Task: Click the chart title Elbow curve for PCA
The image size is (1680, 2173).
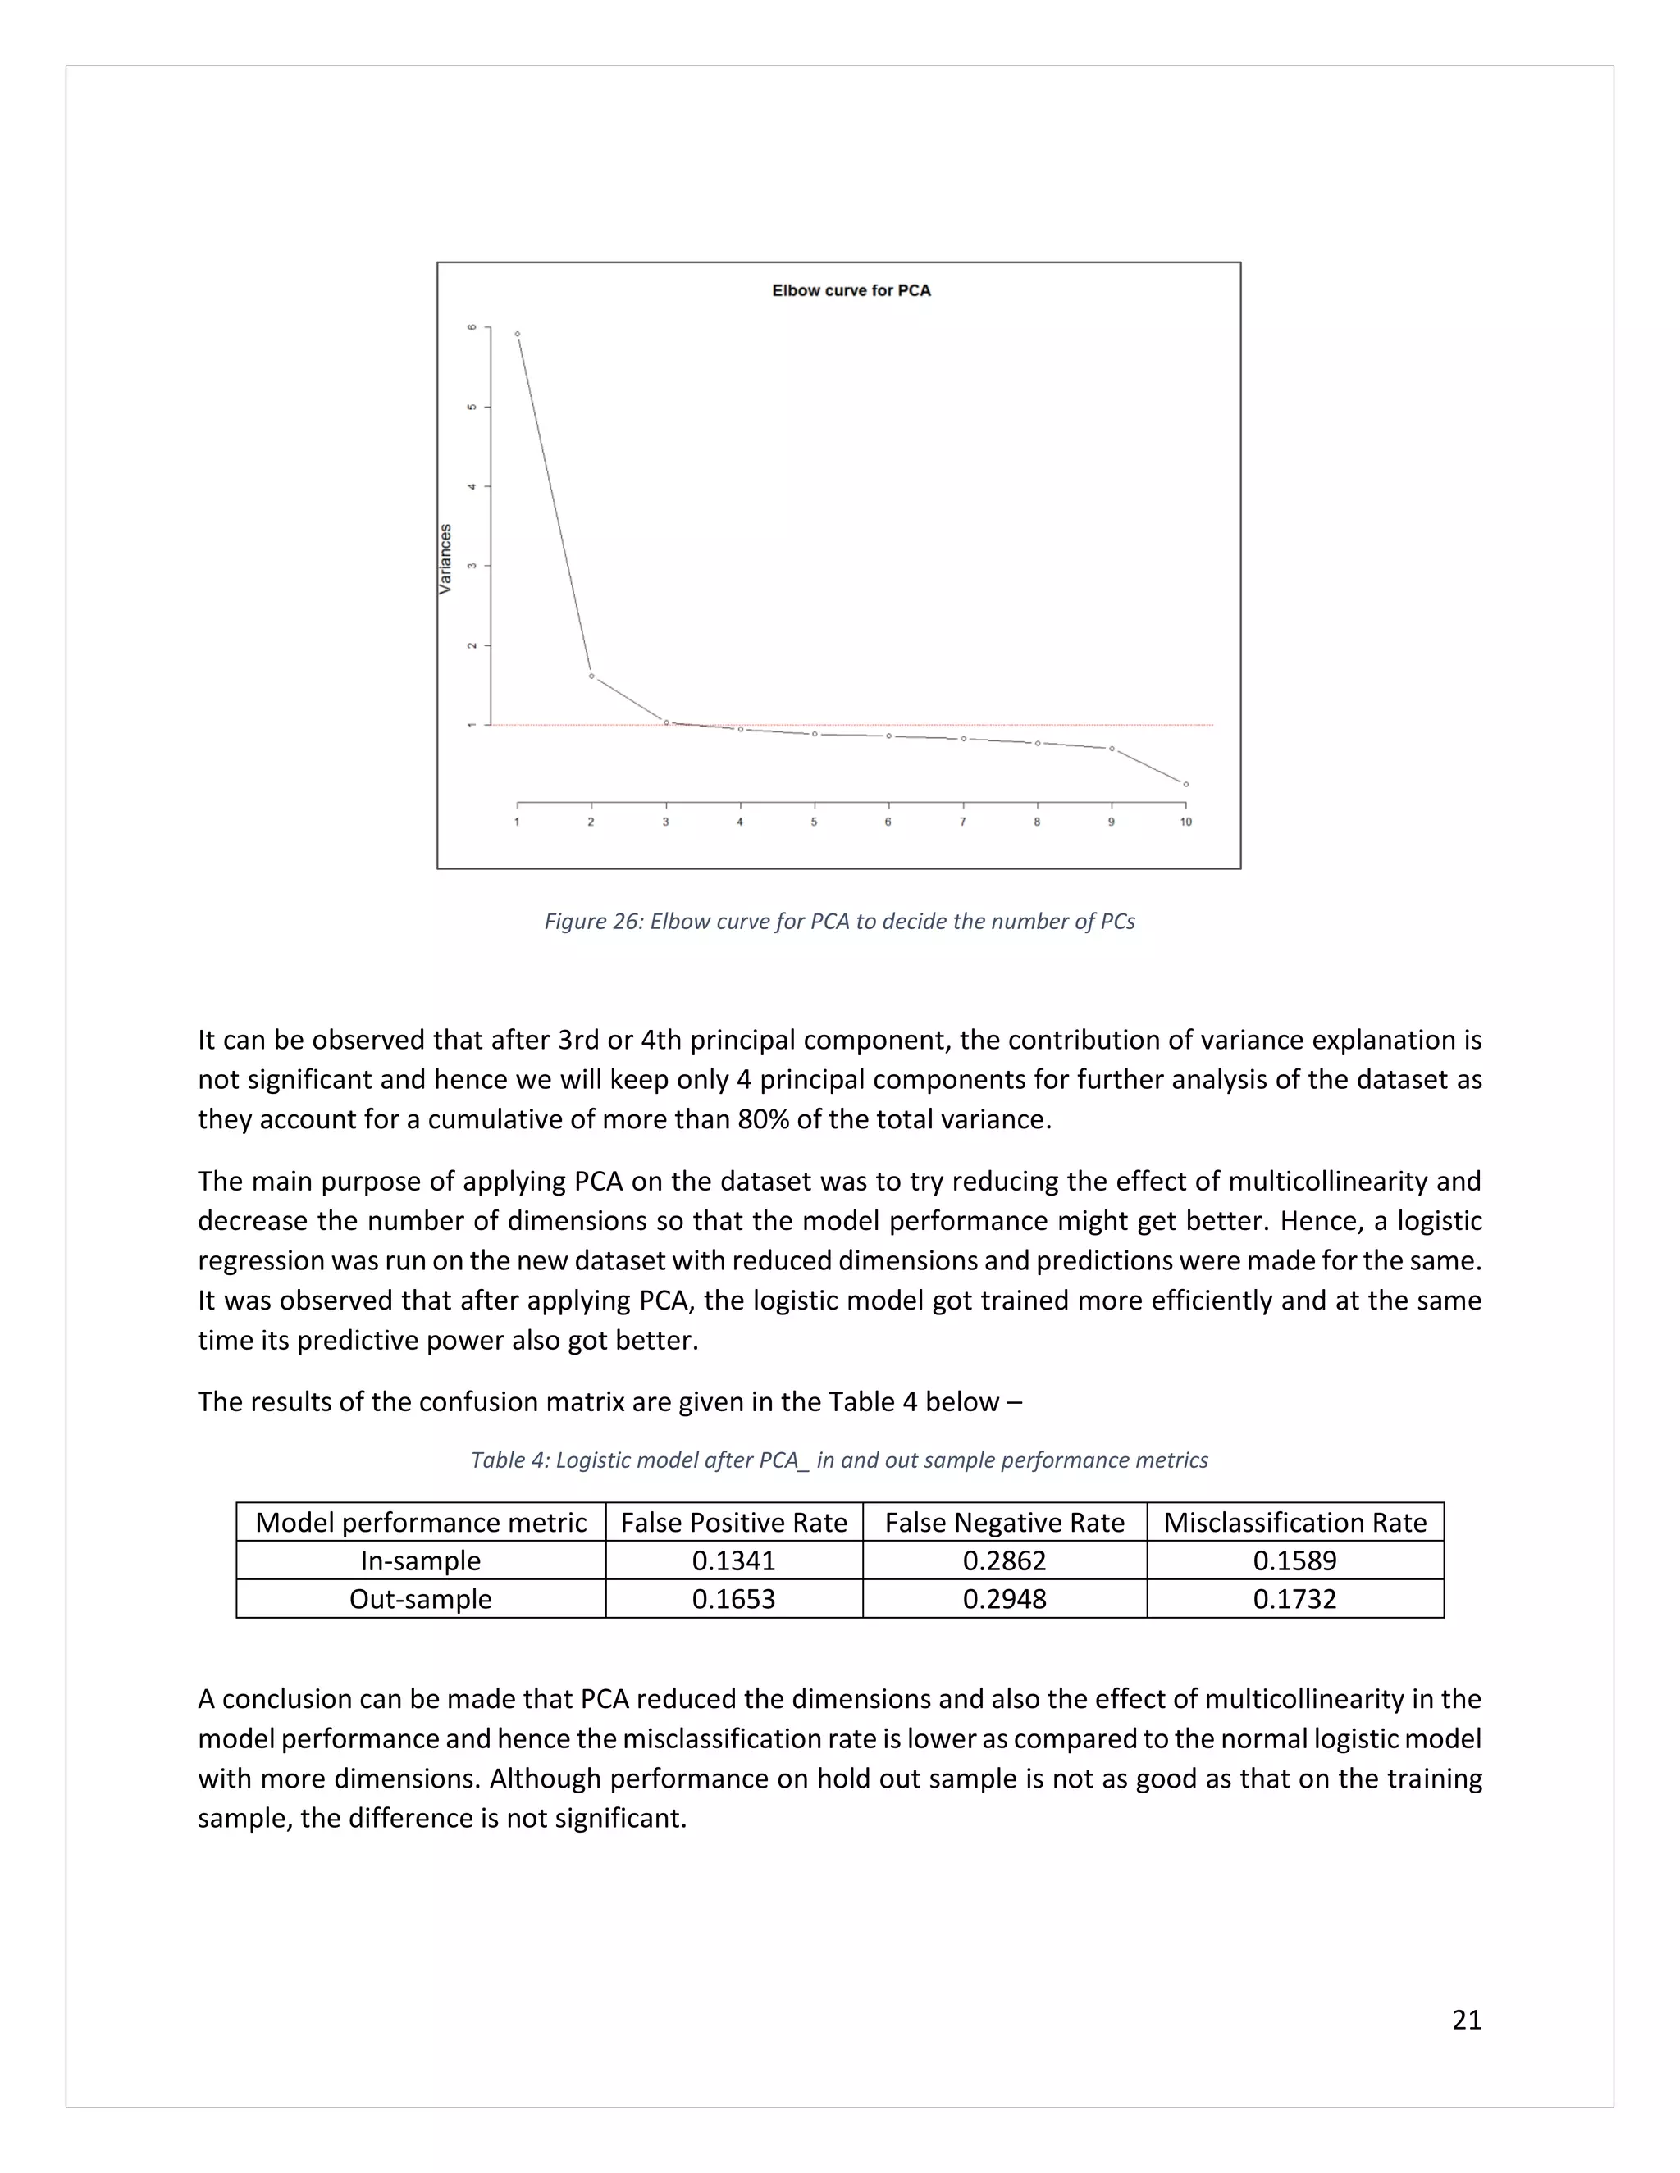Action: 851,290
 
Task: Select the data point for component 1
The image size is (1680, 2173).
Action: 518,335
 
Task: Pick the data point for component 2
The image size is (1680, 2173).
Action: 591,676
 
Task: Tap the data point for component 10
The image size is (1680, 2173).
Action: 1185,785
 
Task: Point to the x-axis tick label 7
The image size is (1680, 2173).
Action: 962,822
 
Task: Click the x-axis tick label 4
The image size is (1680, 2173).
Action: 739,822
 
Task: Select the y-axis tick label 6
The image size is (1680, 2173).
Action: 472,327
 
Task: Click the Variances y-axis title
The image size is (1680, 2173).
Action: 446,559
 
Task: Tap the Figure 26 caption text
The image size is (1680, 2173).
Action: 839,922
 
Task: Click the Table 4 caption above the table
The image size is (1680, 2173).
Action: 839,1460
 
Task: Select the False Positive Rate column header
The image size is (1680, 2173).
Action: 733,1522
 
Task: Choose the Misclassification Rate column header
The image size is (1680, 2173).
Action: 1294,1522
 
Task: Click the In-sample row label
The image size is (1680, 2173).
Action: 420,1560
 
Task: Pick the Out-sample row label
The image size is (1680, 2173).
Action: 420,1599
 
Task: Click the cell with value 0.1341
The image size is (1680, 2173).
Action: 733,1560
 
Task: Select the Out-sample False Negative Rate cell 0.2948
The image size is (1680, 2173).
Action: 1004,1599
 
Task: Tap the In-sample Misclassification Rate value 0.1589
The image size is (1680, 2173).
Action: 1294,1560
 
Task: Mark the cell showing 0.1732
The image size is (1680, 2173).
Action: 1294,1599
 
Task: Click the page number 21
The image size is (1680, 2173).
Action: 1466,2020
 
